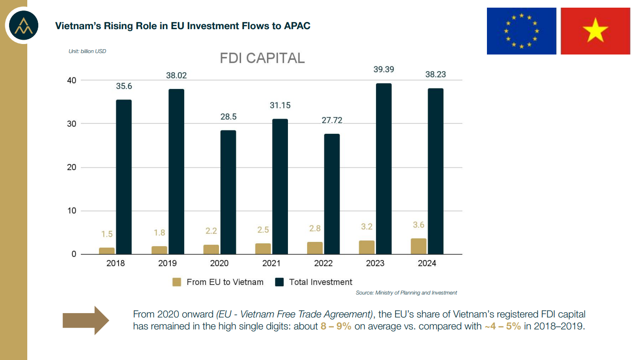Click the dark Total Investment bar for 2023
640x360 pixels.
point(384,169)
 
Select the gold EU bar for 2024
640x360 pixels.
point(419,246)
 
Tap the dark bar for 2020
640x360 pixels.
point(228,192)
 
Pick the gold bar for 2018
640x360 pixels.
point(107,251)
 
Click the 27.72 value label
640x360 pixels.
point(331,120)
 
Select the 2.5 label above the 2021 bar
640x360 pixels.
point(263,230)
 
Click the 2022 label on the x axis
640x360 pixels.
point(323,263)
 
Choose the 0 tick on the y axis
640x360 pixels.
point(73,254)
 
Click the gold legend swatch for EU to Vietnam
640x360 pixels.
point(177,282)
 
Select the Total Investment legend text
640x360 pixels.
point(320,282)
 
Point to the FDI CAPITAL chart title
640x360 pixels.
point(262,58)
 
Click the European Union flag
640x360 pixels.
point(521,31)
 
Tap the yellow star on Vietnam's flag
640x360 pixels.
point(595,31)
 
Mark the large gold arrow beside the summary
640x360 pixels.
point(86,320)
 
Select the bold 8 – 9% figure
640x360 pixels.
point(336,327)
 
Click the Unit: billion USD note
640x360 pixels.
point(88,51)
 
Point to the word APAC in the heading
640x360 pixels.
point(297,26)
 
